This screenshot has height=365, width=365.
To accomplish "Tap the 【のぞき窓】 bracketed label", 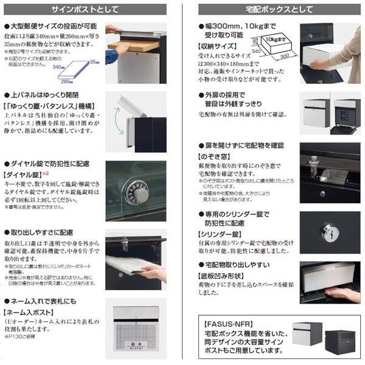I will tap(217, 156).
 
